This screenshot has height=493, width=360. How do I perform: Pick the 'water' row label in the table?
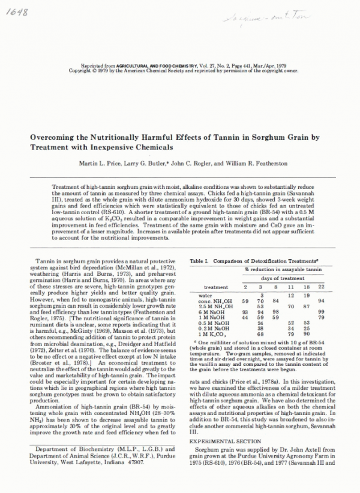click(205, 295)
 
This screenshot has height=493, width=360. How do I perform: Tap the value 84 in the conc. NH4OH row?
click(275, 300)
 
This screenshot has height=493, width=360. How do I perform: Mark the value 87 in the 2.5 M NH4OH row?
click(306, 306)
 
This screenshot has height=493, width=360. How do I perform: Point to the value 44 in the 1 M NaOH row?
click(245, 317)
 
